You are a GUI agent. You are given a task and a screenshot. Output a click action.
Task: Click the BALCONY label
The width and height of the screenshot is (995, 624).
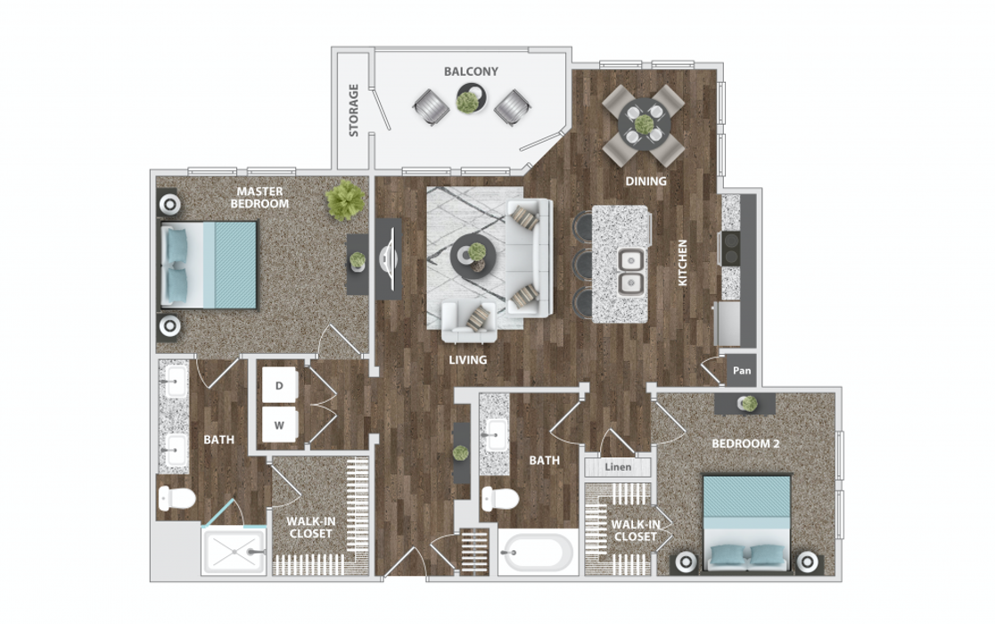471,71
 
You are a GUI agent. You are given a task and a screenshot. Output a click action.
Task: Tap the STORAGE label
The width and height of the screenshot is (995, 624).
353,111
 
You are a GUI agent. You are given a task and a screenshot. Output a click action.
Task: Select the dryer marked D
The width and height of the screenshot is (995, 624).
279,385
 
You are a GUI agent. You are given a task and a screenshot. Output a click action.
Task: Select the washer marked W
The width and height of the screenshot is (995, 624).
279,425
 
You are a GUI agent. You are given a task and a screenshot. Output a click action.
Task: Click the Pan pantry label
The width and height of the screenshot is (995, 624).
742,370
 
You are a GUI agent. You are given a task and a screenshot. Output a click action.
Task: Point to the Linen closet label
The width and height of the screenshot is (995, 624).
618,467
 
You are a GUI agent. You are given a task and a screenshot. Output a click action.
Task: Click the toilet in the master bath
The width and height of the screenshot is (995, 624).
177,497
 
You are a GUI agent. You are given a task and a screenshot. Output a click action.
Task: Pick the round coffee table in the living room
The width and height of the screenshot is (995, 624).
473,257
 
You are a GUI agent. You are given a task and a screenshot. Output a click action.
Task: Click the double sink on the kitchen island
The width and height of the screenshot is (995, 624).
630,271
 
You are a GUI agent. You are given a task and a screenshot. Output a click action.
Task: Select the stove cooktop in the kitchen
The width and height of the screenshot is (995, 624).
731,249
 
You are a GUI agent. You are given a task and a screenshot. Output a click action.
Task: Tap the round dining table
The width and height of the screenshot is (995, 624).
644,125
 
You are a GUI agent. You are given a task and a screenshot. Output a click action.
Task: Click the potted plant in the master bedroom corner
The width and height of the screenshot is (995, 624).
346,201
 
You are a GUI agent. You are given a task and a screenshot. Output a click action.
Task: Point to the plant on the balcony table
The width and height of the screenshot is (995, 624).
468,101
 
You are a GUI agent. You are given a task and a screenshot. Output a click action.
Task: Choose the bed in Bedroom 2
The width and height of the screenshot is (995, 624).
747,524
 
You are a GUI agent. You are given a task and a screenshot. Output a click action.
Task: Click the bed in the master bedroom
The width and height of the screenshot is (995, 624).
209,265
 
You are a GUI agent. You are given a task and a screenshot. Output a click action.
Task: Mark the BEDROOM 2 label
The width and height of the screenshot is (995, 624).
745,444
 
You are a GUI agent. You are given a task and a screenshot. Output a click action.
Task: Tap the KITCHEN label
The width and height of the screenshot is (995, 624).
682,263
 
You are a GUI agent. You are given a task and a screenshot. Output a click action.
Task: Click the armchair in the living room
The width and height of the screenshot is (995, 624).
468,322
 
